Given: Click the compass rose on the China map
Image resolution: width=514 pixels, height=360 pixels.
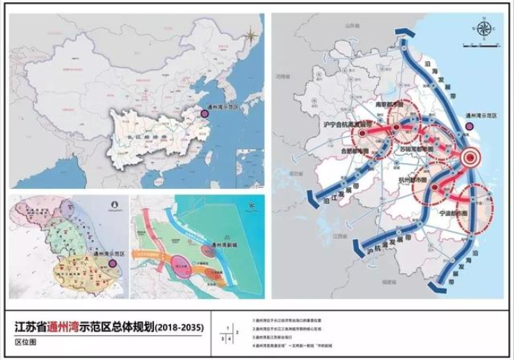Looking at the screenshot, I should (x=252, y=33).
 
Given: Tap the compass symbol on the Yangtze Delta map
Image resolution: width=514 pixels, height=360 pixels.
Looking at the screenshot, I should (x=485, y=29).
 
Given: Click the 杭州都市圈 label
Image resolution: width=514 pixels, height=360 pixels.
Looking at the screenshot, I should (x=415, y=179).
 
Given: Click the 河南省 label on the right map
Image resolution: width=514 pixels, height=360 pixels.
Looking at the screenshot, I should (x=283, y=76).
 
